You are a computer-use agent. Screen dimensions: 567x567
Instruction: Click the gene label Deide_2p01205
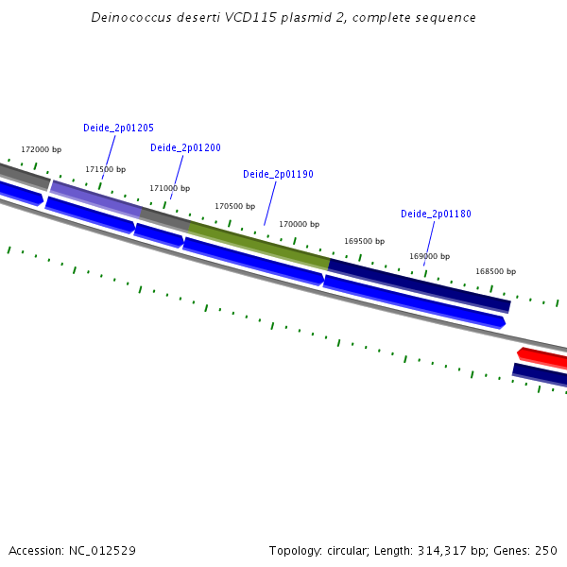[118, 128]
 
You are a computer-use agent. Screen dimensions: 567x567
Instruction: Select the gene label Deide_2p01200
[185, 147]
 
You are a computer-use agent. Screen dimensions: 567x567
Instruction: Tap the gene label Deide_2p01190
[278, 174]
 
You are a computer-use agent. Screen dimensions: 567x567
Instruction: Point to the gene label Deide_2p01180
[436, 214]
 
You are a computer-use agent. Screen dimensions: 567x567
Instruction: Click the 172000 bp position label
[41, 149]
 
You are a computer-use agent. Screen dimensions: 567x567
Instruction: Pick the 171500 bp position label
[105, 169]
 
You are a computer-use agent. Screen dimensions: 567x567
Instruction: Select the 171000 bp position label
[169, 188]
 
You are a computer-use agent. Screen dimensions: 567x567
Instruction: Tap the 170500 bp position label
[234, 206]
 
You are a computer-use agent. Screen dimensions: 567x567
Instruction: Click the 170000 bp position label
[299, 224]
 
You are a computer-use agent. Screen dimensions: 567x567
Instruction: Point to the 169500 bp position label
[364, 241]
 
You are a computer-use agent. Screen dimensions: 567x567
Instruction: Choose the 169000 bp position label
[429, 256]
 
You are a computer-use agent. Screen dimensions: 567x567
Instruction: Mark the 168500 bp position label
[496, 271]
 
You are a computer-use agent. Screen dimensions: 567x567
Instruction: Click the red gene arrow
[543, 357]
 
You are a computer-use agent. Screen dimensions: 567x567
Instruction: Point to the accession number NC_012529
[101, 550]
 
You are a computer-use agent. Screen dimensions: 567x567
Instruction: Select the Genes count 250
[546, 550]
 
